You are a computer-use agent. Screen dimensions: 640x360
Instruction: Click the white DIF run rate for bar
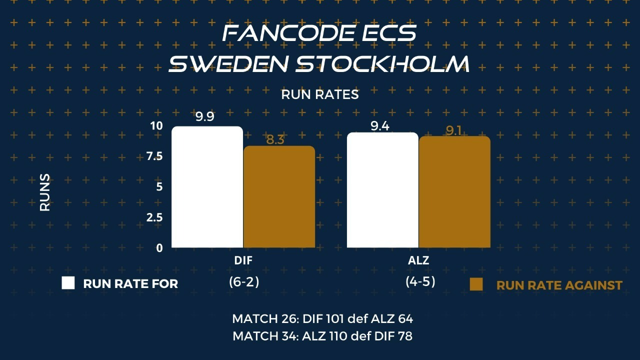[207, 187]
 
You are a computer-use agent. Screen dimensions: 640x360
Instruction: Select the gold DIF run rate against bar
[279, 196]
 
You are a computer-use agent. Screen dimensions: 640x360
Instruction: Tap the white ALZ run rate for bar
[382, 190]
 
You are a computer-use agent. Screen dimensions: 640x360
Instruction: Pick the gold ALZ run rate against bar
[454, 191]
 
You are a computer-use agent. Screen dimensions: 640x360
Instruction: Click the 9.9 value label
[205, 116]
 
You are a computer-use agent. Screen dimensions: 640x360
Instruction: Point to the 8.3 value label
[275, 139]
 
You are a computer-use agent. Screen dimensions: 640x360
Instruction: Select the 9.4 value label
[380, 126]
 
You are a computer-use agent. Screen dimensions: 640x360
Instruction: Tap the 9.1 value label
[453, 130]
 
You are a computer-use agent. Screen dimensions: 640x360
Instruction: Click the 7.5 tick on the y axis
[154, 156]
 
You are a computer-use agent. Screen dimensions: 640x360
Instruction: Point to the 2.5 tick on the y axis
[154, 217]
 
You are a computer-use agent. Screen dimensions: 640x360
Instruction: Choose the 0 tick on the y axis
[159, 248]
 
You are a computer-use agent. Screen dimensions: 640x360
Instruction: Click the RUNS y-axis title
[45, 192]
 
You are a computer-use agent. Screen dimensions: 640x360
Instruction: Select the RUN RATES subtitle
[320, 94]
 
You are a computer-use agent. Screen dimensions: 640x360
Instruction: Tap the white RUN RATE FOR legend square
[68, 283]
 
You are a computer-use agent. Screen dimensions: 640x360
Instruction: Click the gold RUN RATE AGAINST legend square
[476, 284]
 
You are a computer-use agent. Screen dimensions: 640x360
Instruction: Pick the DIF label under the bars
[243, 260]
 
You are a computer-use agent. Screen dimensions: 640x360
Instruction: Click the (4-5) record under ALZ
[420, 281]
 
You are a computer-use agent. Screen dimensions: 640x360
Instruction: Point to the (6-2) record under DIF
[244, 282]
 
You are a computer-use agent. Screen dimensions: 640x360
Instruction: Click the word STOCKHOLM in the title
[382, 63]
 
